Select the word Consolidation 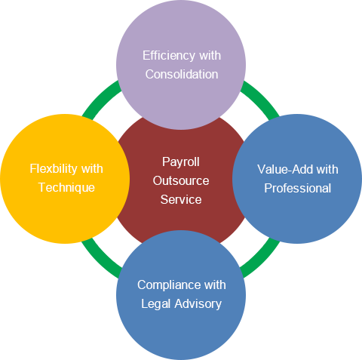[x=182, y=74]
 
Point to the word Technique [x=66, y=188]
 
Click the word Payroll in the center [x=181, y=162]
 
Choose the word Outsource [x=181, y=180]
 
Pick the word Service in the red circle [x=181, y=199]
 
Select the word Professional [x=298, y=188]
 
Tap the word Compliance [x=168, y=285]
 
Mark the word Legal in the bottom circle [x=156, y=304]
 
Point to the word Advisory [x=198, y=304]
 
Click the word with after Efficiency [x=210, y=55]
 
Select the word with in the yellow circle [x=92, y=168]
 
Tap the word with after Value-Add [x=327, y=169]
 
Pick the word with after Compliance [x=215, y=285]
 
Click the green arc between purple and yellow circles [x=100, y=97]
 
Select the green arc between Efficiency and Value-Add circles [x=262, y=97]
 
